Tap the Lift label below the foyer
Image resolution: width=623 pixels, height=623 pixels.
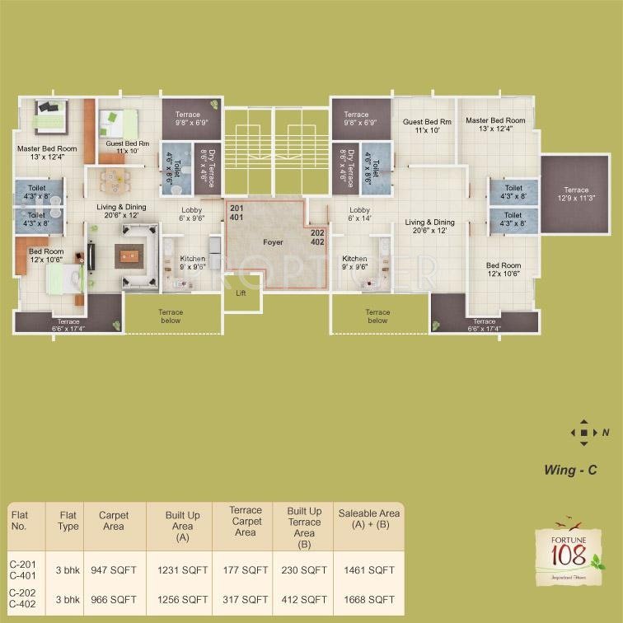pos(241,293)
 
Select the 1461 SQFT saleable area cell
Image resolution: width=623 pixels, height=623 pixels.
pos(366,569)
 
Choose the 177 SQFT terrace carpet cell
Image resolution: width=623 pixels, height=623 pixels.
pos(245,569)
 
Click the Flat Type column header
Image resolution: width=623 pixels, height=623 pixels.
pos(68,520)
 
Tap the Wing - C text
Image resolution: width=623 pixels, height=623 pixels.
pos(570,471)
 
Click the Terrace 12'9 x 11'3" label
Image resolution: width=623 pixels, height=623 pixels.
pos(576,194)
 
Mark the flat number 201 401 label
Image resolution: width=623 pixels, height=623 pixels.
pos(237,213)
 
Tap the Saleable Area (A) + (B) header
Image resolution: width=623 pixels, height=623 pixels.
pos(366,520)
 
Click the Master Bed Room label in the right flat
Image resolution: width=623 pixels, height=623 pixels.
pos(494,124)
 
